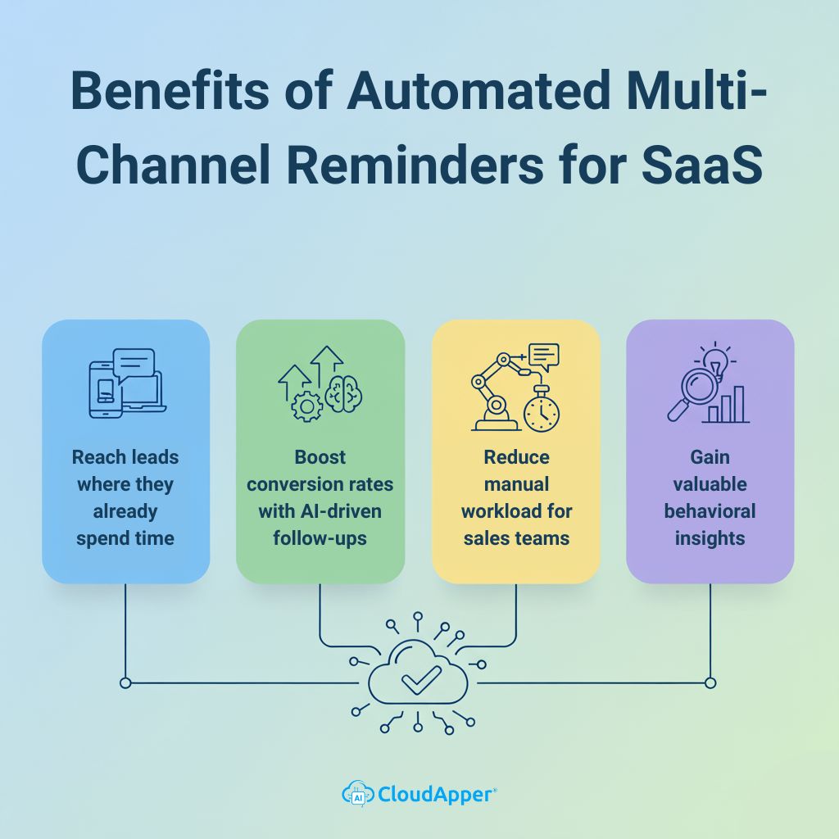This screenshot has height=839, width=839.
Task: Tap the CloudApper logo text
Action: (x=436, y=793)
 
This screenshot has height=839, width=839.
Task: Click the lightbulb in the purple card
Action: (x=715, y=361)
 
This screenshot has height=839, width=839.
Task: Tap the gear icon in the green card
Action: (x=307, y=406)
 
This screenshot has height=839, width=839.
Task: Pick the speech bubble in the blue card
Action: (x=133, y=363)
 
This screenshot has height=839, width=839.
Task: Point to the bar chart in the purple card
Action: (x=727, y=405)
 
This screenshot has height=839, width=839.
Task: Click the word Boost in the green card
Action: (x=320, y=457)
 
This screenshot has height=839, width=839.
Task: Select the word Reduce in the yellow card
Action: (x=516, y=457)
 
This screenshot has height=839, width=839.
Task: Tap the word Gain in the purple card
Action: (x=710, y=457)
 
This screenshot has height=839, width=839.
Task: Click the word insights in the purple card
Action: (x=710, y=538)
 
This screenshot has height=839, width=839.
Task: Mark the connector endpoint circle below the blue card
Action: (x=125, y=683)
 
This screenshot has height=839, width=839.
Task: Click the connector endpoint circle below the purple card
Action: (x=710, y=683)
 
